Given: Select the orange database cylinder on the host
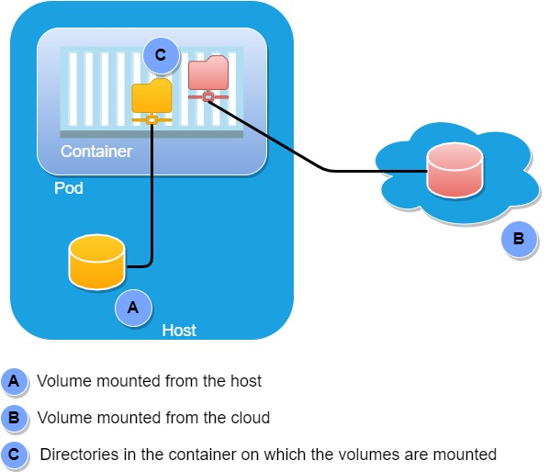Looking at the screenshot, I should point(96,262).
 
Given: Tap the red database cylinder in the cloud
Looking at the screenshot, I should point(455,171).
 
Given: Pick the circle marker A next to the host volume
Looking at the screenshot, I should point(132,309).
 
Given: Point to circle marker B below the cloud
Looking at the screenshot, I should point(518,239).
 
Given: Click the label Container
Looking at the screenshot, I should point(95,152).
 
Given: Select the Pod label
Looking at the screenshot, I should point(68,188).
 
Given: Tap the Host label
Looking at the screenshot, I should point(179,331).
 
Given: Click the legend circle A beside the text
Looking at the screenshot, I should point(14,381).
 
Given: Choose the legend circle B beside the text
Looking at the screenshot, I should point(14,418).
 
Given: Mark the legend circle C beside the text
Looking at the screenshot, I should point(14,455).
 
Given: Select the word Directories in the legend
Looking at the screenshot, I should point(77,455).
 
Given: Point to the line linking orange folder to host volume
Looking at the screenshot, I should point(151,202).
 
